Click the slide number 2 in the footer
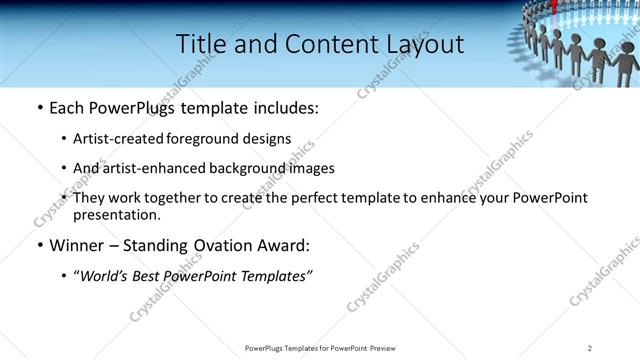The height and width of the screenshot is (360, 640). point(590,347)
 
